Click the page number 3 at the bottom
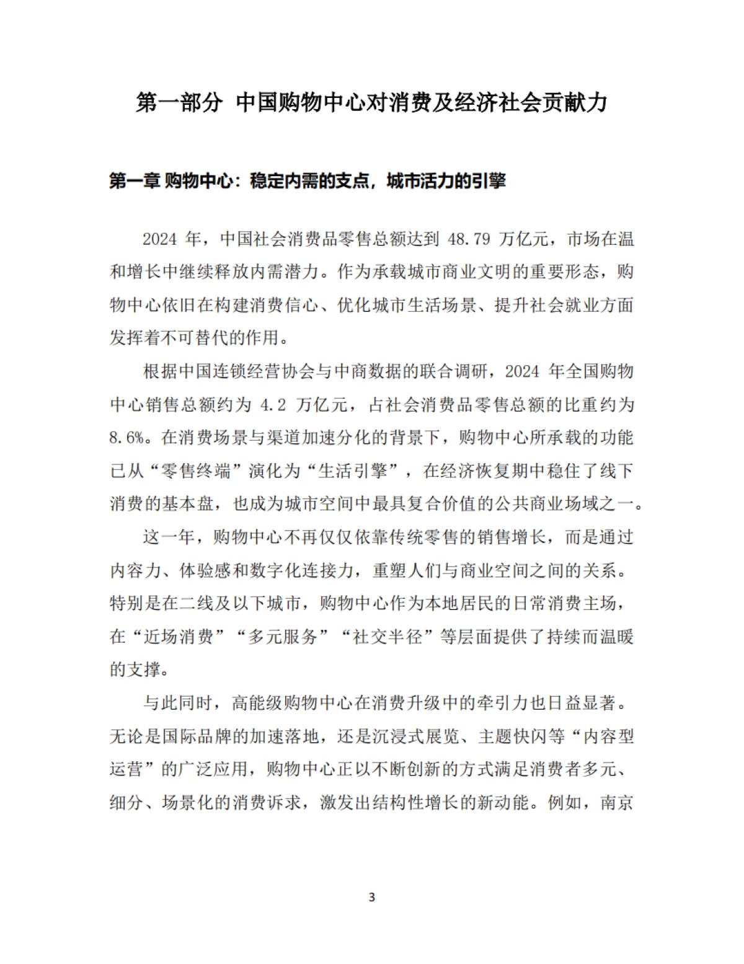tap(371, 897)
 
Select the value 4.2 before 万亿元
tap(272, 405)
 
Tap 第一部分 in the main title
tap(179, 103)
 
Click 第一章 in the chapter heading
tap(135, 181)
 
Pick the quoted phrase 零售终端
tap(197, 471)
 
